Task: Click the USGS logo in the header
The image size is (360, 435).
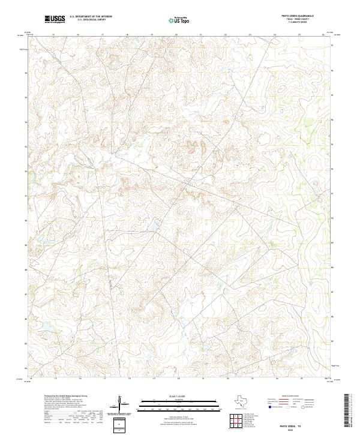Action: [55, 20]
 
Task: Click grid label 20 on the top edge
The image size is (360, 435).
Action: [176, 35]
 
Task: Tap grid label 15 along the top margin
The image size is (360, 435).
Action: [53, 35]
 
